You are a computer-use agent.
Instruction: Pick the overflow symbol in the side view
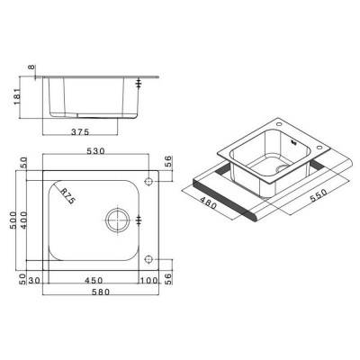139,85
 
